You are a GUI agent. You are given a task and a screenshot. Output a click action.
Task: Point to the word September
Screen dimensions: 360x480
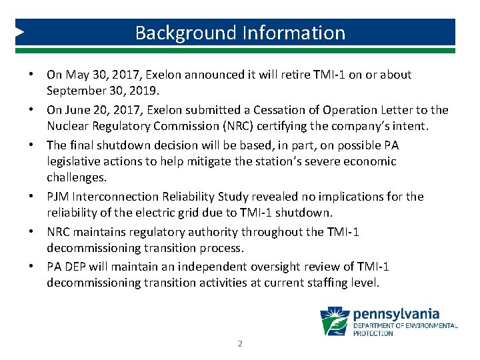click(73, 91)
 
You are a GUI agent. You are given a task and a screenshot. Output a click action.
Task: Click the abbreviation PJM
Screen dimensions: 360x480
click(57, 197)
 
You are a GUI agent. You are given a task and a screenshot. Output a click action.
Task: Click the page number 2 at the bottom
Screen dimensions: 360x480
click(240, 344)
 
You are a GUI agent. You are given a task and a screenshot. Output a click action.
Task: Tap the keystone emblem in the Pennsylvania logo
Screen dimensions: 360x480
click(335, 321)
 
